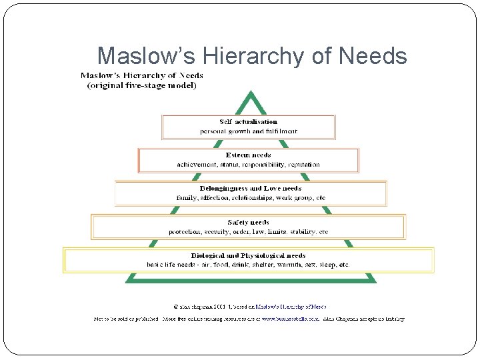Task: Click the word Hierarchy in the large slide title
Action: click(240, 56)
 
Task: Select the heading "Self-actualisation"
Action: click(248, 122)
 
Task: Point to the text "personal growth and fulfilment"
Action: click(249, 131)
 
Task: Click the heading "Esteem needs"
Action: click(248, 155)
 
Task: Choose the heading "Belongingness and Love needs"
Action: click(250, 189)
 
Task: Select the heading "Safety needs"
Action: click(248, 222)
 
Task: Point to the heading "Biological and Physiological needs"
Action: click(248, 255)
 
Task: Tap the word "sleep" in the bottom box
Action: click(328, 265)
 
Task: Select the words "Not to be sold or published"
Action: click(125, 319)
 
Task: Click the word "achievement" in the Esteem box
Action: click(195, 165)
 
